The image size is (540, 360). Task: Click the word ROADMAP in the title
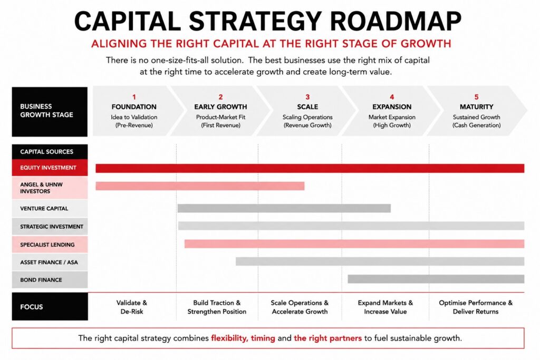(396, 21)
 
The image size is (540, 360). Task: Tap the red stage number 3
(307, 97)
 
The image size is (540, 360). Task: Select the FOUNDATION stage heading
(134, 106)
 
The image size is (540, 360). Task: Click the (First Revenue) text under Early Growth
(221, 125)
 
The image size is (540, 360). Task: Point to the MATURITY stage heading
(476, 106)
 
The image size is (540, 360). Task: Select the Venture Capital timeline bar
(284, 208)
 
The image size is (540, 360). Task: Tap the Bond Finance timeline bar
(436, 279)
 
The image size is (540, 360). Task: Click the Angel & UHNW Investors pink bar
(200, 186)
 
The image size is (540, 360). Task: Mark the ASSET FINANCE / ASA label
(49, 262)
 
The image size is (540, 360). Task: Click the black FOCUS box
(50, 306)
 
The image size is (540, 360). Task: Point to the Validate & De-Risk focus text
(131, 307)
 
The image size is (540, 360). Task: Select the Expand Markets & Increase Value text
(385, 307)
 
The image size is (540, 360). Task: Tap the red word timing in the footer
(263, 338)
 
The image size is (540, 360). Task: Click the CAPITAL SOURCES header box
(50, 152)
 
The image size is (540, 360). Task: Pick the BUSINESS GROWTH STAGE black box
(50, 112)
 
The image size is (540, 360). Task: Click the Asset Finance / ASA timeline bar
(380, 261)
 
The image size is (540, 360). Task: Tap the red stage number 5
(477, 97)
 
